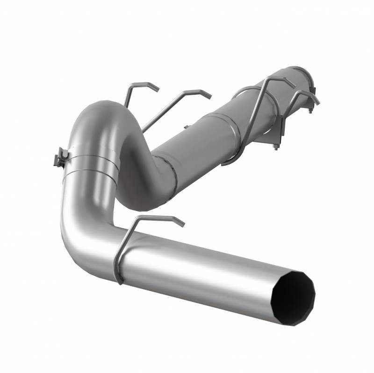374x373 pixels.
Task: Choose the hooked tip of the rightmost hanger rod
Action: [x=318, y=102]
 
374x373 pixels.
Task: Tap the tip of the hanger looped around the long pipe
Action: [x=294, y=86]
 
